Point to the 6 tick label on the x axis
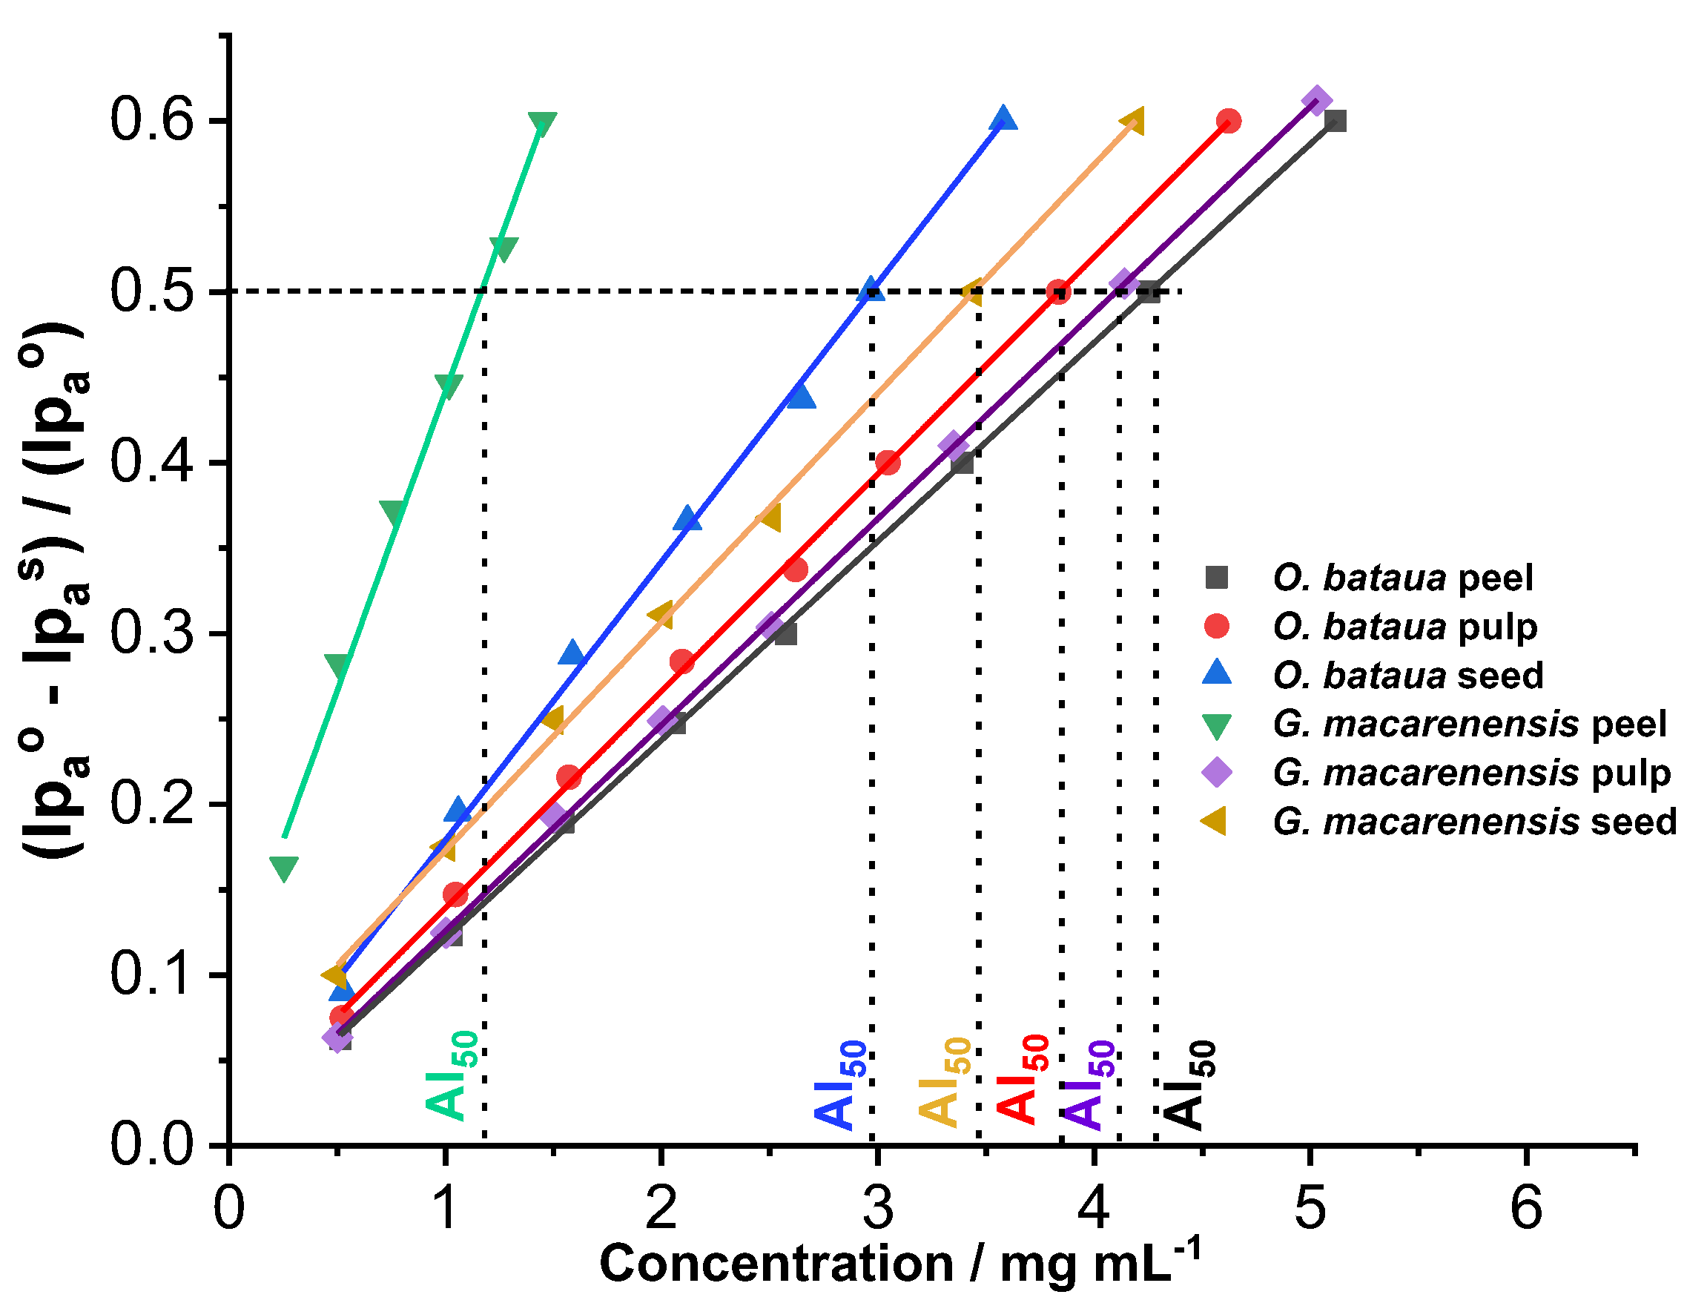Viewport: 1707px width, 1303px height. coord(1525,1207)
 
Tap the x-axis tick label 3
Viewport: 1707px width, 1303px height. coord(876,1207)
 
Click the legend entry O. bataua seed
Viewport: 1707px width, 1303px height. coord(1407,675)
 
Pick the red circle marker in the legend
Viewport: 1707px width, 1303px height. coord(1217,626)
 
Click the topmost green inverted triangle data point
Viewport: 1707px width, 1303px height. coord(542,123)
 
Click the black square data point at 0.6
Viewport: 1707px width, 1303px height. coord(1335,121)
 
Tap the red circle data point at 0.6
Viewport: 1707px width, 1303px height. coord(1229,121)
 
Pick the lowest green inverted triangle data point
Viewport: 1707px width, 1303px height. coord(284,868)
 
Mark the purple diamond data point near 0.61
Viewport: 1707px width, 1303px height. coord(1317,101)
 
